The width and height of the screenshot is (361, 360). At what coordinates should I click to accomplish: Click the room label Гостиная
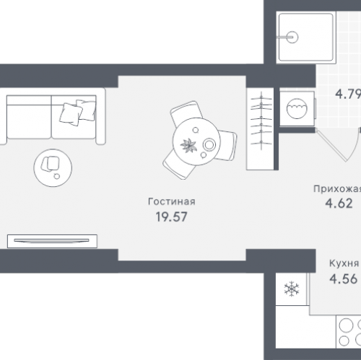[x=172, y=201]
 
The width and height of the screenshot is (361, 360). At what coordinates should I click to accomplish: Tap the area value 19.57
[x=171, y=216]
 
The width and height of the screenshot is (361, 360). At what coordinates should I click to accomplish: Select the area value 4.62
[x=339, y=203]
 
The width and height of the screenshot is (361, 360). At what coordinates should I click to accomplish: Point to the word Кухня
[x=344, y=263]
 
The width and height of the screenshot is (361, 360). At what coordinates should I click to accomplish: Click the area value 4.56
[x=343, y=279]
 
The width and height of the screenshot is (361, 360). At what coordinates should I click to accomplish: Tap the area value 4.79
[x=348, y=94]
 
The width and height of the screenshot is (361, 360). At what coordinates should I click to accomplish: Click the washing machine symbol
[x=297, y=108]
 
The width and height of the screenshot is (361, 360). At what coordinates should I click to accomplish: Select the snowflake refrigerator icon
[x=292, y=289]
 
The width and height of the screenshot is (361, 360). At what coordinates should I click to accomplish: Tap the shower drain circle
[x=292, y=38]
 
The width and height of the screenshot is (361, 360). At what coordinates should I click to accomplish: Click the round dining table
[x=196, y=141]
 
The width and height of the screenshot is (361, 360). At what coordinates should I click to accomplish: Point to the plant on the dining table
[x=188, y=146]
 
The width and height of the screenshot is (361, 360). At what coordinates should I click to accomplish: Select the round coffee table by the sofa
[x=53, y=168]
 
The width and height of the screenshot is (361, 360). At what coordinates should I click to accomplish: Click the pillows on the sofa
[x=78, y=113]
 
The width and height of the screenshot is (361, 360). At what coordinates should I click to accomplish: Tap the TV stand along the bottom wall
[x=52, y=241]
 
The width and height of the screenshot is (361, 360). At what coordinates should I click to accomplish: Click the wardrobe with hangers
[x=260, y=129]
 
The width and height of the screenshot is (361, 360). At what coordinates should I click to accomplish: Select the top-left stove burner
[x=346, y=325]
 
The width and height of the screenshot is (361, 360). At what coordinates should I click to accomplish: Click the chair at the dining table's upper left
[x=186, y=113]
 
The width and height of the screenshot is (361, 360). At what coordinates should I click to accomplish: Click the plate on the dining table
[x=209, y=145]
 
